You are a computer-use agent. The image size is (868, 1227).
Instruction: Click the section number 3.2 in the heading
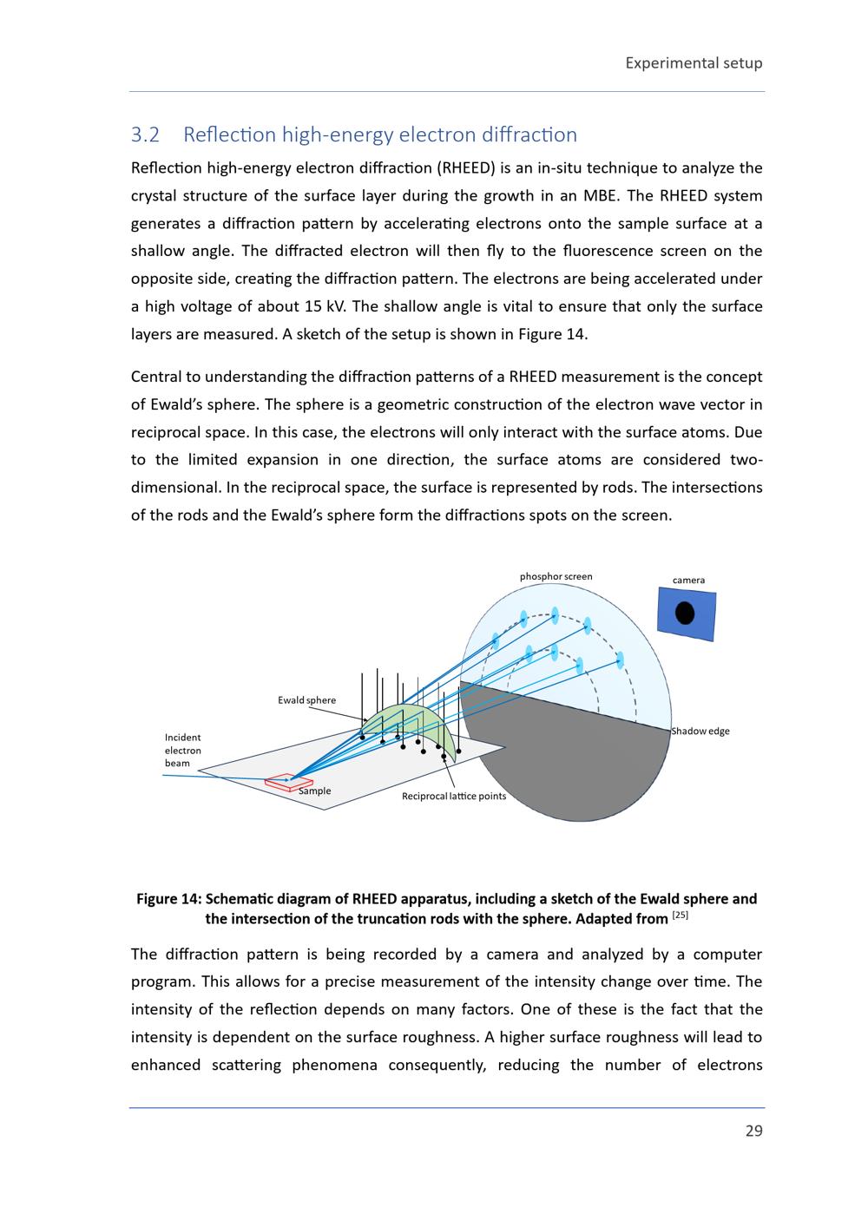point(145,135)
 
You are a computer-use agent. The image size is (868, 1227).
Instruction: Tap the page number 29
point(753,1131)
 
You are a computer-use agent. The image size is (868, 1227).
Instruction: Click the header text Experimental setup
point(694,62)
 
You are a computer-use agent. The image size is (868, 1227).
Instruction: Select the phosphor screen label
point(556,576)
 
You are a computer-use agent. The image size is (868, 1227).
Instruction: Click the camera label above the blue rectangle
point(688,580)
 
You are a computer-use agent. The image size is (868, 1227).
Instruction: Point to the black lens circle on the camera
point(685,613)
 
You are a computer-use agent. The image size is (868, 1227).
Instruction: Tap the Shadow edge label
point(700,731)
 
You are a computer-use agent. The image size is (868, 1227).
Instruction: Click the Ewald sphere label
point(306,700)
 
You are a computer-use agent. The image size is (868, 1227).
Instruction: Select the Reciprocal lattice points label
point(453,797)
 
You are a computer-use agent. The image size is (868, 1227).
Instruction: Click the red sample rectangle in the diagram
point(287,783)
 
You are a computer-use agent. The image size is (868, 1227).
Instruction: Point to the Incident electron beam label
point(182,751)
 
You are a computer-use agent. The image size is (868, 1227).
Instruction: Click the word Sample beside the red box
point(314,791)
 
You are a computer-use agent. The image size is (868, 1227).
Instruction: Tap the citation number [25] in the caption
point(681,915)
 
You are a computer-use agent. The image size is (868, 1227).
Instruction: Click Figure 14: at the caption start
point(168,899)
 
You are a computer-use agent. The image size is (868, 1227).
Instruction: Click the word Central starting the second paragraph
point(157,377)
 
